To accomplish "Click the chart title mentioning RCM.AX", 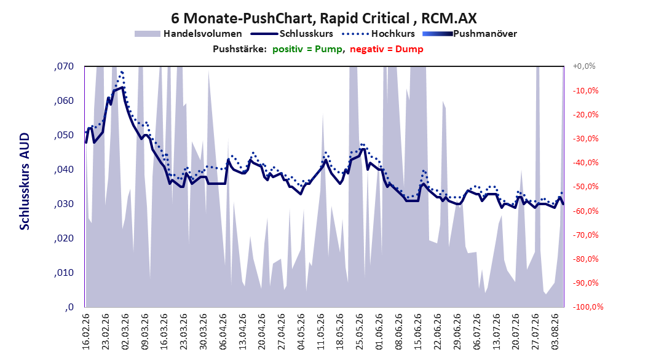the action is (323, 18).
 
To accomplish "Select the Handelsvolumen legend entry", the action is (188, 34).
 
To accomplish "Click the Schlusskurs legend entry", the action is (292, 34).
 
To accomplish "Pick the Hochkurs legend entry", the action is (378, 34).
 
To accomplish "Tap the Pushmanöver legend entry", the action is (470, 34).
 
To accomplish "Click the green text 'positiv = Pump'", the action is (307, 49).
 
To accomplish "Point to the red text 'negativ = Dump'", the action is (387, 49).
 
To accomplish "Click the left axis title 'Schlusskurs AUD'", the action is (25, 181).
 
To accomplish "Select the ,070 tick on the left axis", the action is (64, 66).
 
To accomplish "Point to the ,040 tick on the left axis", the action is (64, 170).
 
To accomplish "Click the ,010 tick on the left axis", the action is (64, 273).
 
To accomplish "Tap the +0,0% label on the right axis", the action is (584, 66).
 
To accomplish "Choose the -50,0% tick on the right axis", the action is (585, 187).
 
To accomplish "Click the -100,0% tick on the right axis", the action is (588, 307).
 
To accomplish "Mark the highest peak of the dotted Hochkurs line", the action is (122, 72).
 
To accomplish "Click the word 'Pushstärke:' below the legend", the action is (240, 49).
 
